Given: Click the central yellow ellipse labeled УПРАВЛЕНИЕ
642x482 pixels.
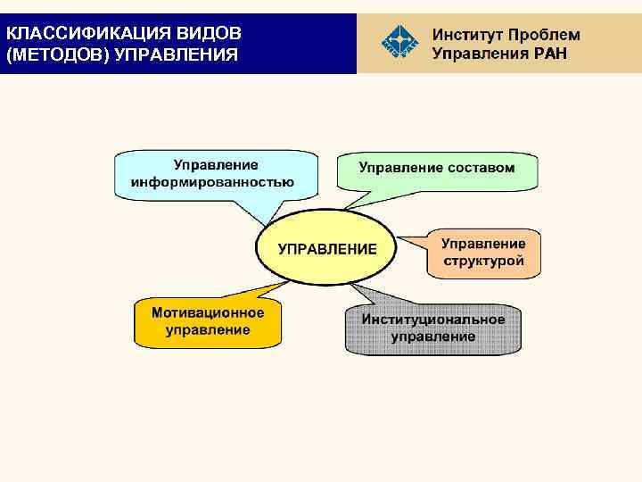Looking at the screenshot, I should click(x=327, y=248).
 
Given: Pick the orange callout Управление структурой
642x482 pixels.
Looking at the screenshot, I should click(x=483, y=253).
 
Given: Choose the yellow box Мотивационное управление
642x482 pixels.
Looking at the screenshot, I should click(x=208, y=322).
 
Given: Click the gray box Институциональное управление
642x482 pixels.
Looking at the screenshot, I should click(x=432, y=328).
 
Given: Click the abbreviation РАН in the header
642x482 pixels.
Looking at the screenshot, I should click(x=546, y=54).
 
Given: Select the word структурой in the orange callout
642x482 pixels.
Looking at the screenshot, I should click(x=483, y=262).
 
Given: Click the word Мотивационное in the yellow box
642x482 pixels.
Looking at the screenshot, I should click(x=208, y=313).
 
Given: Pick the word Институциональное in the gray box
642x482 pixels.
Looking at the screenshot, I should click(x=433, y=320).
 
